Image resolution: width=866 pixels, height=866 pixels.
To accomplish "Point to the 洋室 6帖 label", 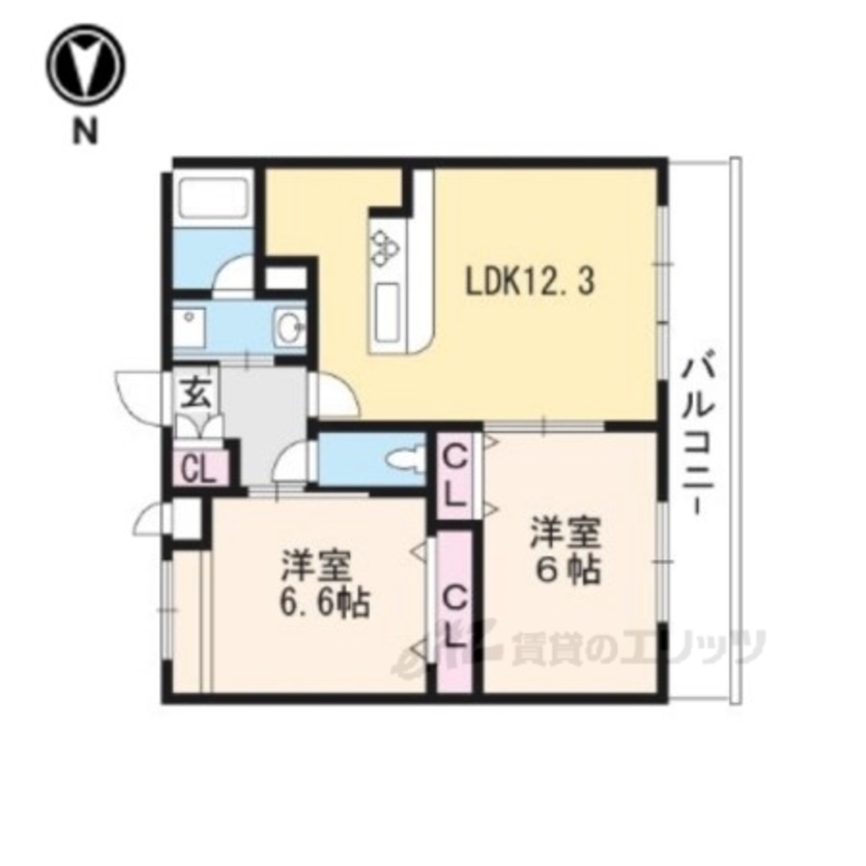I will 567,550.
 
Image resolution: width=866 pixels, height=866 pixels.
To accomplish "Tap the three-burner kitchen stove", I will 382,243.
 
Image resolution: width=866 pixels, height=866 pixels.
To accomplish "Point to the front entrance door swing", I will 139,394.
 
